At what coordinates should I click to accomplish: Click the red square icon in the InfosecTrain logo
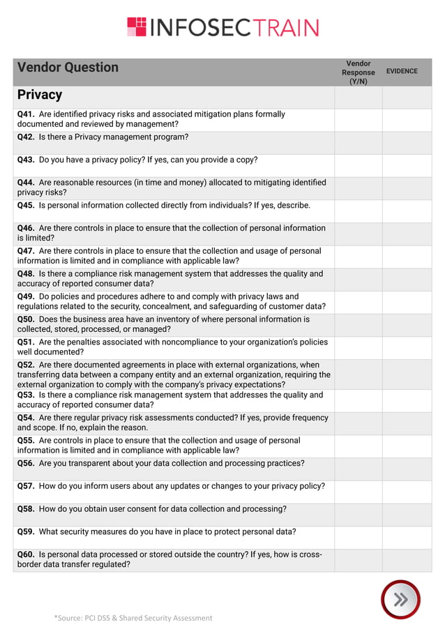point(137,27)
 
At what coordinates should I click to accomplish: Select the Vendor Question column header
point(68,68)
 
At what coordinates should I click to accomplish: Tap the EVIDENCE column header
point(402,71)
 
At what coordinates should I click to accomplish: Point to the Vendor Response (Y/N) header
point(358,73)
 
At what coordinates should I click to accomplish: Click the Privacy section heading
point(40,95)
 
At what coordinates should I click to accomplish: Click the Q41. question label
point(27,114)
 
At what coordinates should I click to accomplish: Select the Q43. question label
point(27,160)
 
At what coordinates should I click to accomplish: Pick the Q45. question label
point(27,206)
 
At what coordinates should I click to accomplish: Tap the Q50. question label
point(27,319)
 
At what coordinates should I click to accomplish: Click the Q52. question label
point(27,365)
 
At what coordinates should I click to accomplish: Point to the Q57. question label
point(27,486)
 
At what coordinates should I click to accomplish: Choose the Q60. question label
point(27,554)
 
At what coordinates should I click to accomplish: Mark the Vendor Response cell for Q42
point(358,142)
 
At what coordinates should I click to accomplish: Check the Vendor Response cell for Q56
point(358,469)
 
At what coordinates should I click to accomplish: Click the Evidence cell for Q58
point(407,514)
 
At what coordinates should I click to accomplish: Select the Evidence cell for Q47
point(407,256)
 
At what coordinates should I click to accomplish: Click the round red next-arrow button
point(400,599)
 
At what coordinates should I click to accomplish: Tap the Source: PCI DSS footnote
point(133,618)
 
